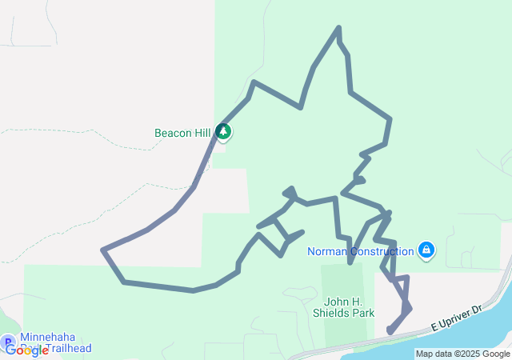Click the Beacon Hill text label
coord(182,133)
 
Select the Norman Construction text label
coord(361,251)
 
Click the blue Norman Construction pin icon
coord(426,250)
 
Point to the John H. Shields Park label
coord(350,307)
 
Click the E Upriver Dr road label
coord(456,317)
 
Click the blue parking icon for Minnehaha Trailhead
coord(9,341)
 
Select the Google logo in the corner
coord(26,350)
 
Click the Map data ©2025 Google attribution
coord(462,354)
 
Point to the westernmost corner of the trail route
coord(103,250)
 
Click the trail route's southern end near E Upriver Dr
coord(390,330)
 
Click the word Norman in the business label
coord(326,251)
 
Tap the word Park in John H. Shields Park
coord(364,313)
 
